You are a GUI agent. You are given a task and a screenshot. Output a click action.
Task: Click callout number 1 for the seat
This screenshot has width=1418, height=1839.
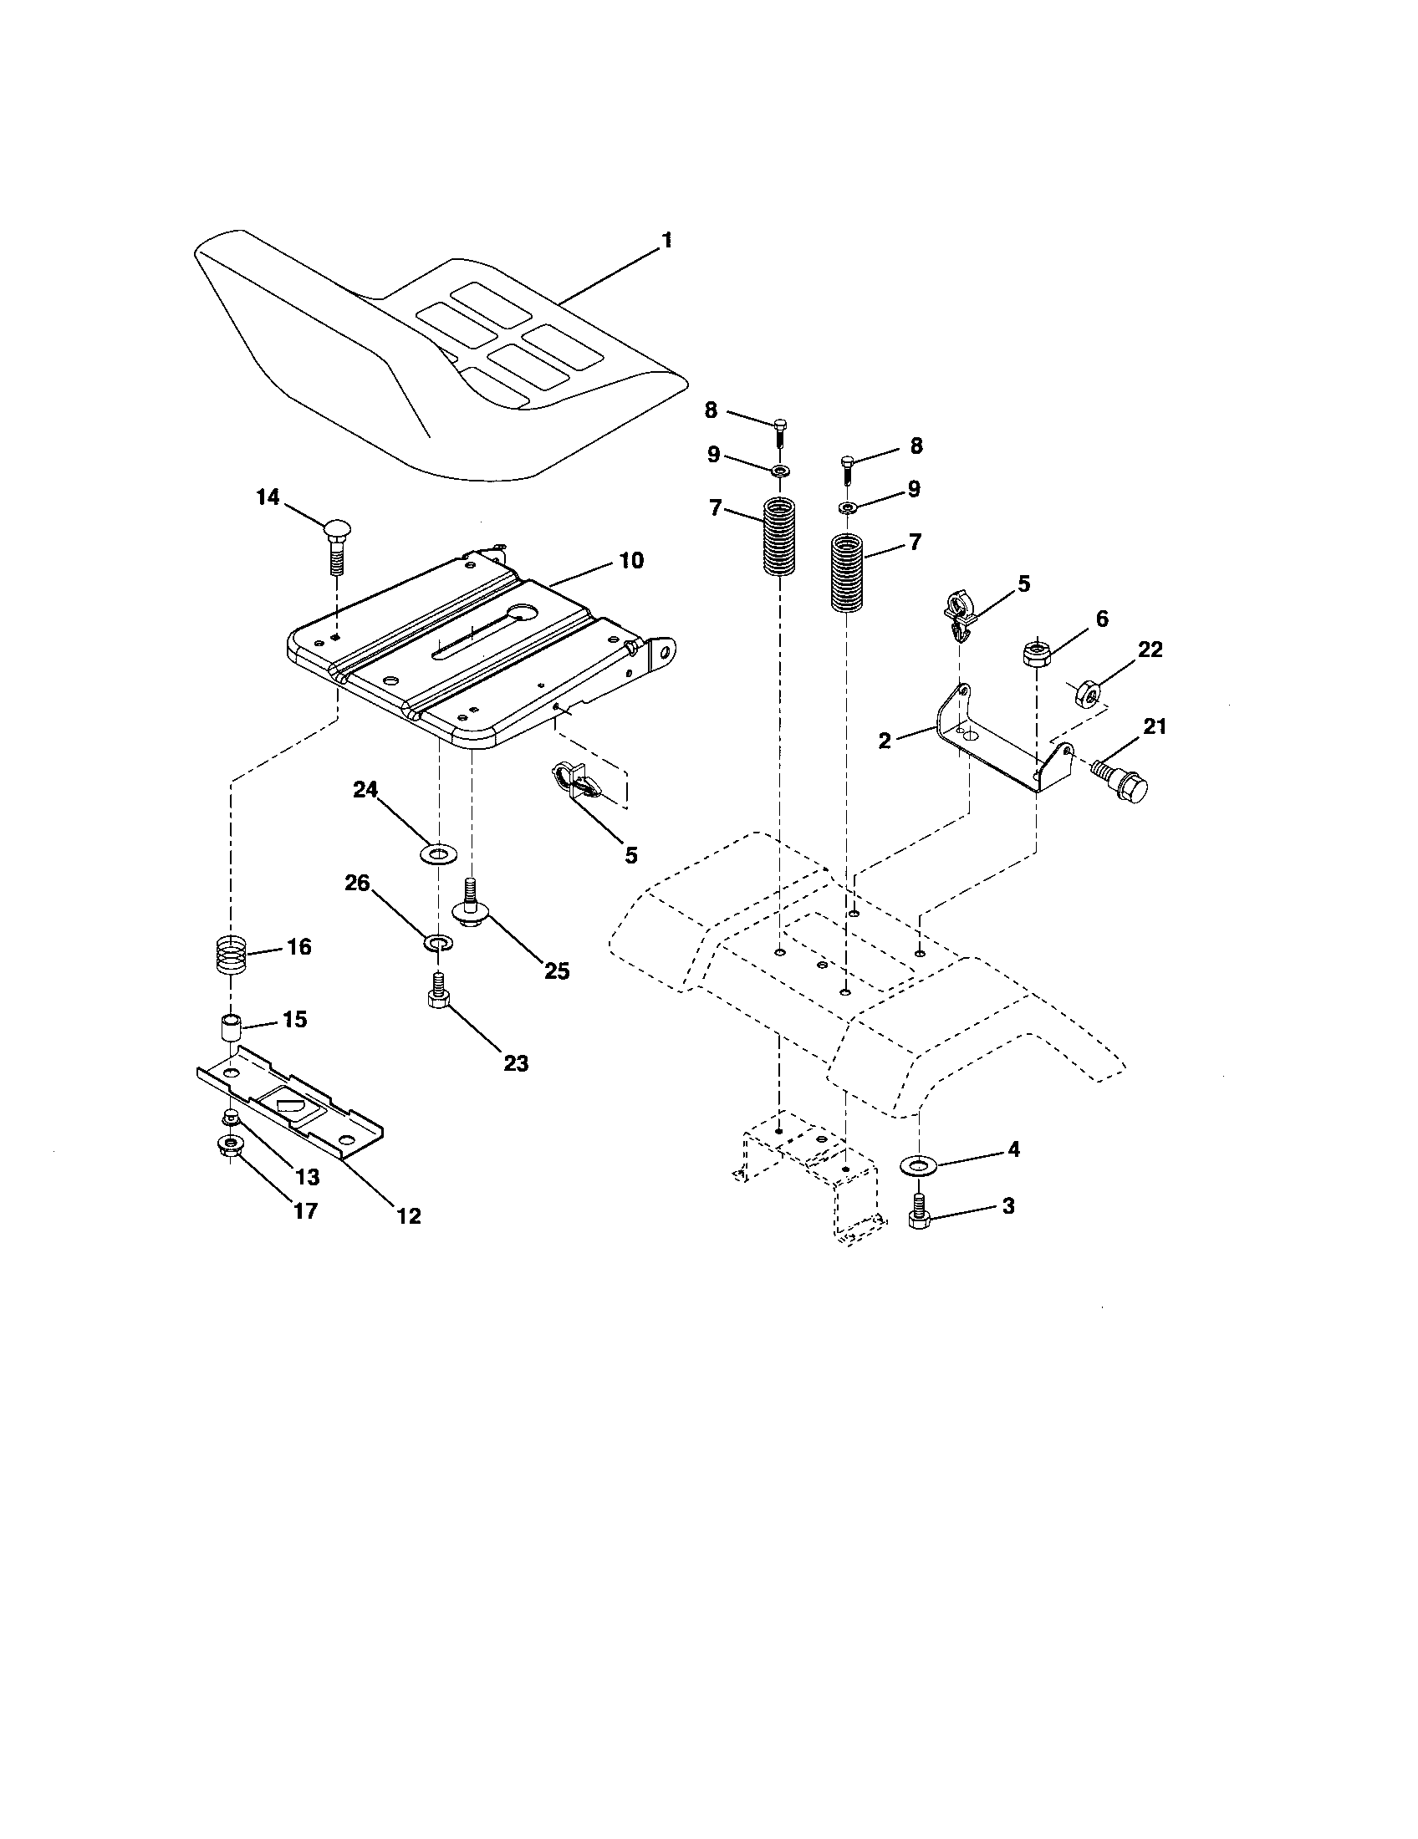point(666,241)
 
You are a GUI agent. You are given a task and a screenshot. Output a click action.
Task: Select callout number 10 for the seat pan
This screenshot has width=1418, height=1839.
point(631,560)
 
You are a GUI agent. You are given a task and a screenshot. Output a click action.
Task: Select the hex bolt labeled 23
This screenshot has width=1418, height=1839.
point(438,991)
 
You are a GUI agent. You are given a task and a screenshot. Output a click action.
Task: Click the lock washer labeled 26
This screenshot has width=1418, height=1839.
point(438,940)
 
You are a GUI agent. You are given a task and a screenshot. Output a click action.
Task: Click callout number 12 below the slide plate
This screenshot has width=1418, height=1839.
point(408,1216)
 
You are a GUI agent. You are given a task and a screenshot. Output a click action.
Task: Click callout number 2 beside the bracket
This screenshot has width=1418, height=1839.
point(883,740)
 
